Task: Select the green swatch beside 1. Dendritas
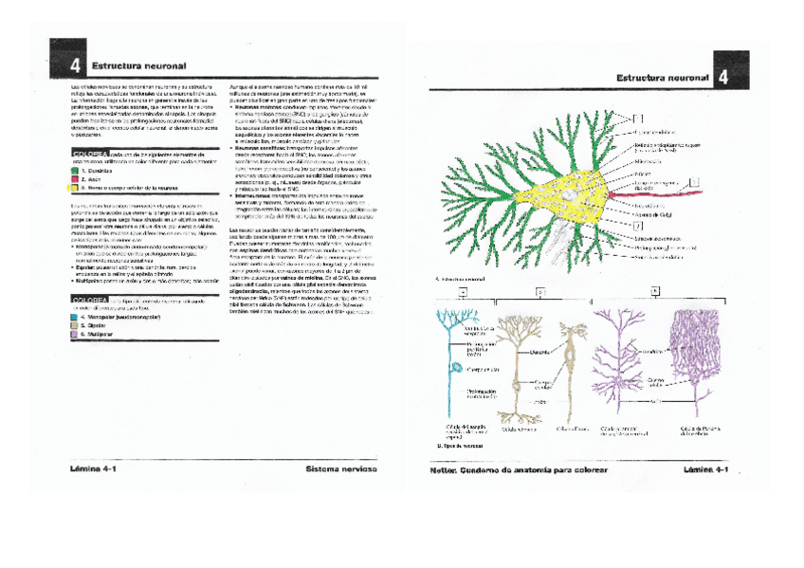point(73,170)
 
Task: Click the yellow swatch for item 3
point(73,188)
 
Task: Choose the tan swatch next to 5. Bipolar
point(73,325)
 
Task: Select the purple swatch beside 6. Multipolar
point(73,335)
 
